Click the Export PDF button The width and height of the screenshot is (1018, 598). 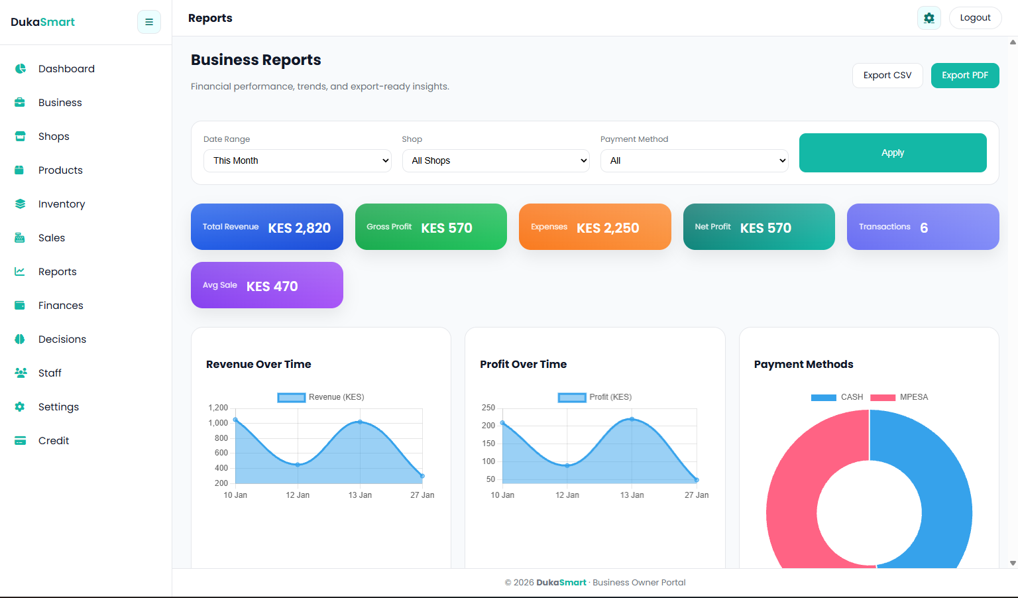964,76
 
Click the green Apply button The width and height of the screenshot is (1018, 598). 892,152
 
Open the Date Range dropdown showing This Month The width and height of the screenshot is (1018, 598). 297,160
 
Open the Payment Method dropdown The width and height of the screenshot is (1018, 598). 694,160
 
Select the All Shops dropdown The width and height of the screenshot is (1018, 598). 495,160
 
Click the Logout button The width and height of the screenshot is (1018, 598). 975,18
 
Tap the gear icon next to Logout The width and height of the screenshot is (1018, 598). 929,18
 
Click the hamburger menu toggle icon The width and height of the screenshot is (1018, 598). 149,22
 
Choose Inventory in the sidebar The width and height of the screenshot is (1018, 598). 62,204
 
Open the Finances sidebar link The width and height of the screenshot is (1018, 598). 60,306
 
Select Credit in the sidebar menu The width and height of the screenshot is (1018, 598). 54,441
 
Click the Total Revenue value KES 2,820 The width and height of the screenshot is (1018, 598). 299,228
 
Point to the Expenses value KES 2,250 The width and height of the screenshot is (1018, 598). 607,228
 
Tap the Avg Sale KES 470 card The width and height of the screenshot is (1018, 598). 266,286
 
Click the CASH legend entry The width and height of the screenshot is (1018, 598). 838,397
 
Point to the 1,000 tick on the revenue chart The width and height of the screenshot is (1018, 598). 218,423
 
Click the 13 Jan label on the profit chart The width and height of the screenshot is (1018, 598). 632,495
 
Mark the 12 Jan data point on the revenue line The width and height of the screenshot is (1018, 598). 298,465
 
